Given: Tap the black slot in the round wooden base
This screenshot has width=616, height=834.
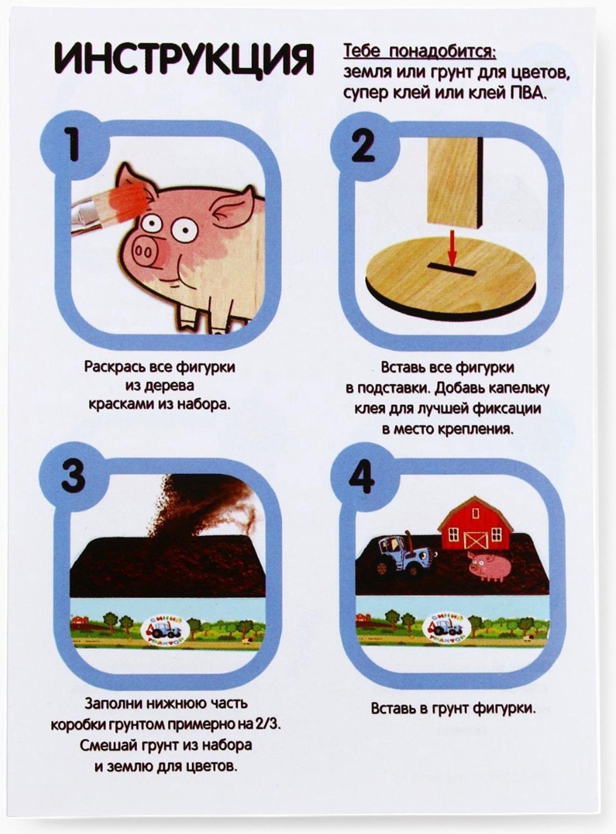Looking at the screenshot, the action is pyautogui.click(x=451, y=268).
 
